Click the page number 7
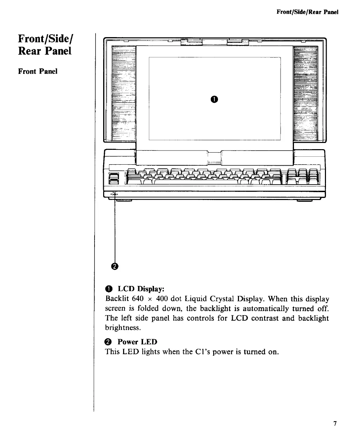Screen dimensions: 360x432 click(x=334, y=423)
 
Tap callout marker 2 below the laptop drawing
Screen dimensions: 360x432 click(x=114, y=266)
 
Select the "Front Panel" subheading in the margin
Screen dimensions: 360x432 click(x=38, y=71)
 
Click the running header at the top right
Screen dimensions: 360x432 click(x=307, y=12)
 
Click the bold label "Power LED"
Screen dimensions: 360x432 click(x=137, y=342)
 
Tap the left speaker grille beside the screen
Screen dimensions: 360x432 click(x=124, y=93)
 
